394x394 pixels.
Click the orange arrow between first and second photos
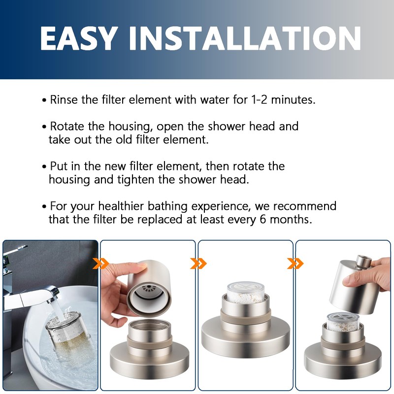click(100, 264)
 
